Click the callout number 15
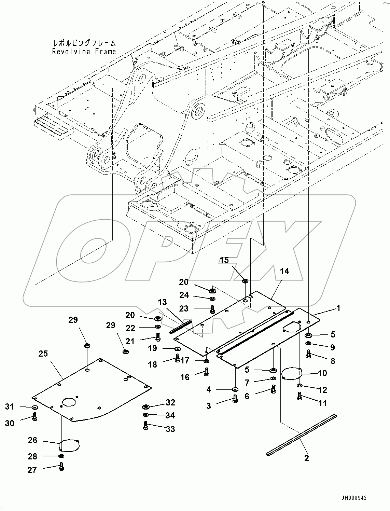[224, 260]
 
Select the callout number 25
[43, 354]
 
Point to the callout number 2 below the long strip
[306, 458]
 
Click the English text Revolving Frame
[84, 52]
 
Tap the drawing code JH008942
[353, 498]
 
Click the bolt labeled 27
[61, 467]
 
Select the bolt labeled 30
[34, 417]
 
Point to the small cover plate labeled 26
[69, 445]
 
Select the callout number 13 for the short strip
[162, 302]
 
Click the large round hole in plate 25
[70, 401]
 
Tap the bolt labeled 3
[235, 398]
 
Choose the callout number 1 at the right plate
[338, 308]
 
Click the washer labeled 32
[146, 406]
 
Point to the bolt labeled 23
[212, 309]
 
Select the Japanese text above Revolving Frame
[84, 43]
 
